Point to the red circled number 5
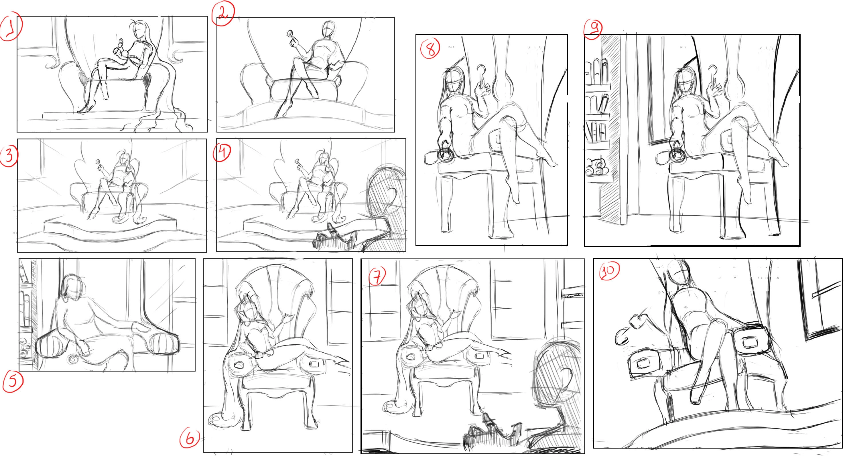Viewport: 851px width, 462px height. tap(13, 382)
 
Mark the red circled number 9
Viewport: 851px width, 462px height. tap(593, 29)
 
